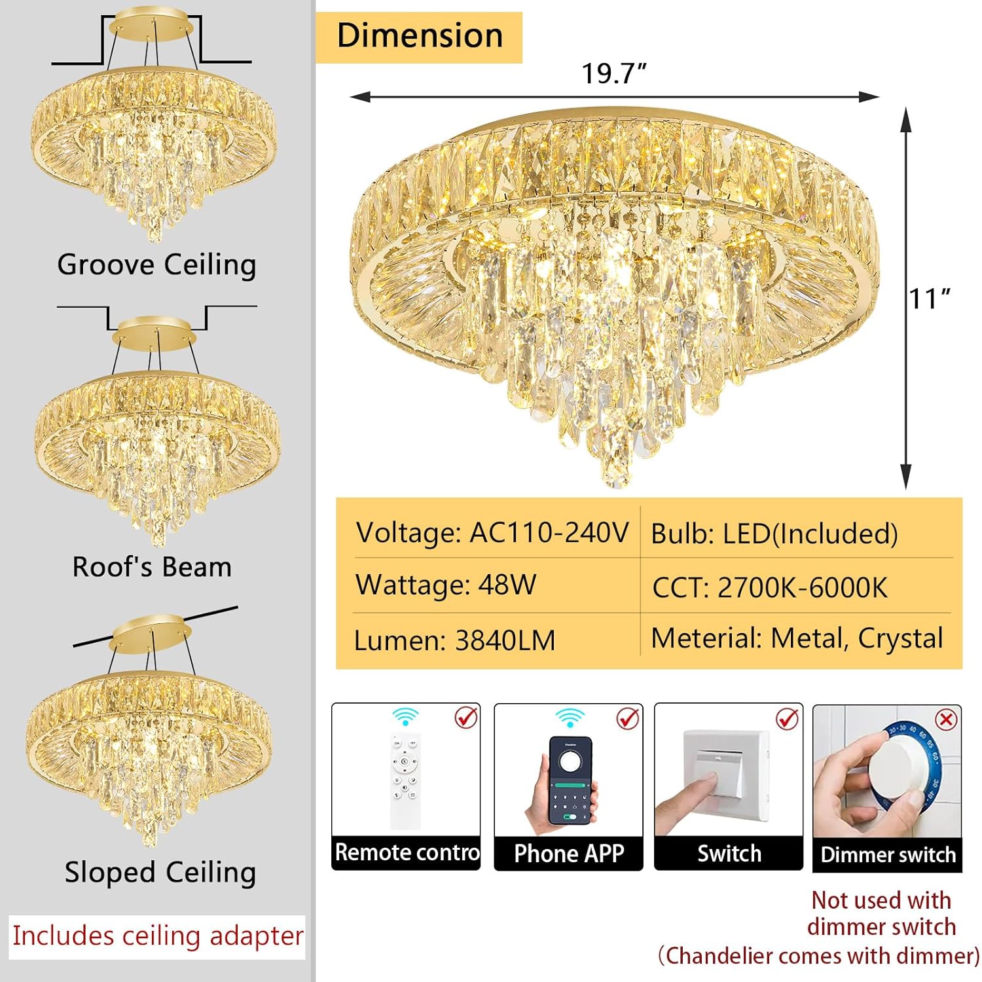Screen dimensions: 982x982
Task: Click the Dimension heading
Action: (419, 36)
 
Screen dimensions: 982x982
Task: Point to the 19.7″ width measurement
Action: (613, 73)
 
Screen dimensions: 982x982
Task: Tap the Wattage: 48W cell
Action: (446, 585)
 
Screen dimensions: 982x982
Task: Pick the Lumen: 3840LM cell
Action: (454, 640)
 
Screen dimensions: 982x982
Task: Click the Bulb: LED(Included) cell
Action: (774, 534)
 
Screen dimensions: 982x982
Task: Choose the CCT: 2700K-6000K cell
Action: (770, 587)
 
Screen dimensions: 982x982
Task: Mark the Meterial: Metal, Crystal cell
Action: (797, 638)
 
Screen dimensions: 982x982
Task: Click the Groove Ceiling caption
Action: (156, 265)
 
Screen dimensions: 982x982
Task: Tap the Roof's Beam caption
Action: (152, 567)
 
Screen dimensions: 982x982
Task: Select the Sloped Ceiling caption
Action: (160, 873)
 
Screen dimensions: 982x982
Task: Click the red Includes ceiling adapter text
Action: (158, 936)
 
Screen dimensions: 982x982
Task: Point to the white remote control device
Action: (405, 779)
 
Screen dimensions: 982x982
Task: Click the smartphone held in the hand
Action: (570, 779)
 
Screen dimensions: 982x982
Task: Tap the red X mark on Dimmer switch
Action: (946, 721)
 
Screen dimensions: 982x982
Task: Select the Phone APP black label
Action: (568, 854)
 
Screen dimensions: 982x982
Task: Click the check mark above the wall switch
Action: (787, 719)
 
